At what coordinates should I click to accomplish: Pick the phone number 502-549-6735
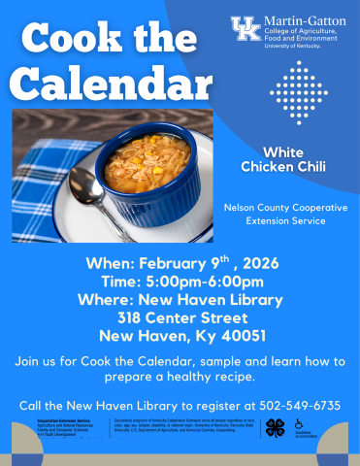[x=297, y=404]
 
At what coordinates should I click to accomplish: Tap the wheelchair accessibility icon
[x=299, y=424]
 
